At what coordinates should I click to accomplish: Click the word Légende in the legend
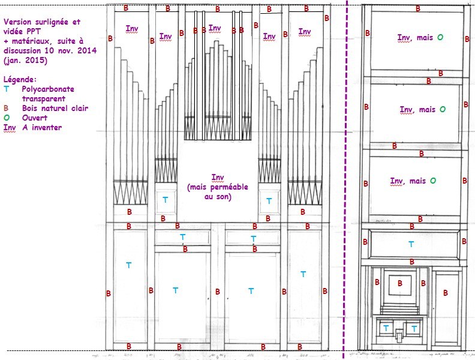click(20, 79)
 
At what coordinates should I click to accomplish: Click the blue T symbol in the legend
click(6, 89)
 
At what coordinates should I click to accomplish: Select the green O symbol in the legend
click(6, 118)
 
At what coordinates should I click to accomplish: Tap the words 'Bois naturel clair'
click(55, 108)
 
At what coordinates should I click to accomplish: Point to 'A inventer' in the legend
click(42, 127)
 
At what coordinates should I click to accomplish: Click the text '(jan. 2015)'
click(26, 60)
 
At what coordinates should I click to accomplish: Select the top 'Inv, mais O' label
click(420, 38)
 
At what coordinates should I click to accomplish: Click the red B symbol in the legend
click(6, 108)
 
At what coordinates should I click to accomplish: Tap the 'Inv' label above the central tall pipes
click(214, 28)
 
